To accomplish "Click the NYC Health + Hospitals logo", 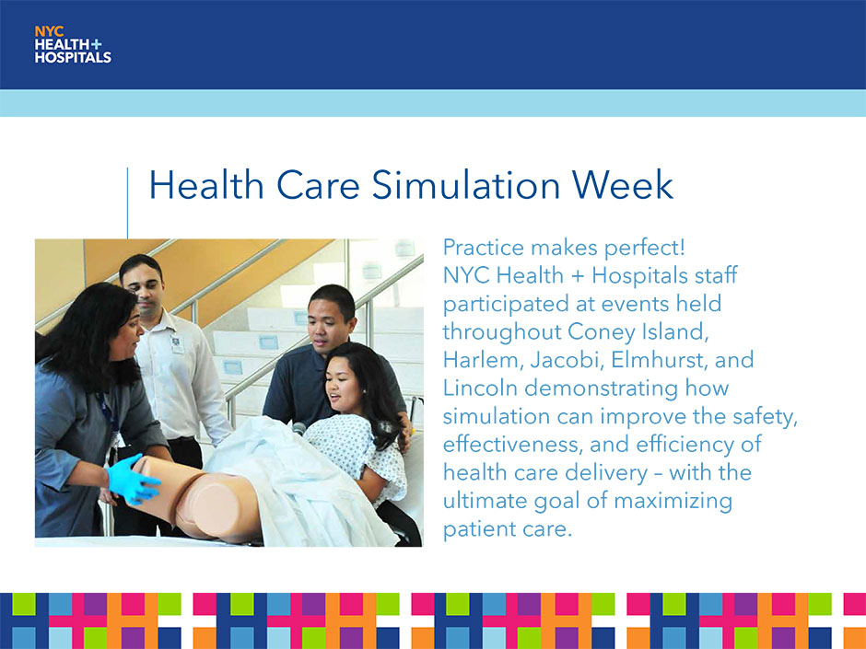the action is pos(73,45).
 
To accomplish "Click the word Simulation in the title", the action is pos(466,184).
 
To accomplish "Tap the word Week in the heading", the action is pos(623,184).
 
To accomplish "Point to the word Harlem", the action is pos(480,360).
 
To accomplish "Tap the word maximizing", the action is pos(673,501).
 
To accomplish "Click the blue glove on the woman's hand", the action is pos(133,479).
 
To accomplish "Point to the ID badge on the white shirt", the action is pos(177,343).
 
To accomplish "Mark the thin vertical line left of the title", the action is pos(127,203).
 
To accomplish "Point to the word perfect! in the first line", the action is pos(644,248).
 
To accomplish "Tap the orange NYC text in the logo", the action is pos(49,32).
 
